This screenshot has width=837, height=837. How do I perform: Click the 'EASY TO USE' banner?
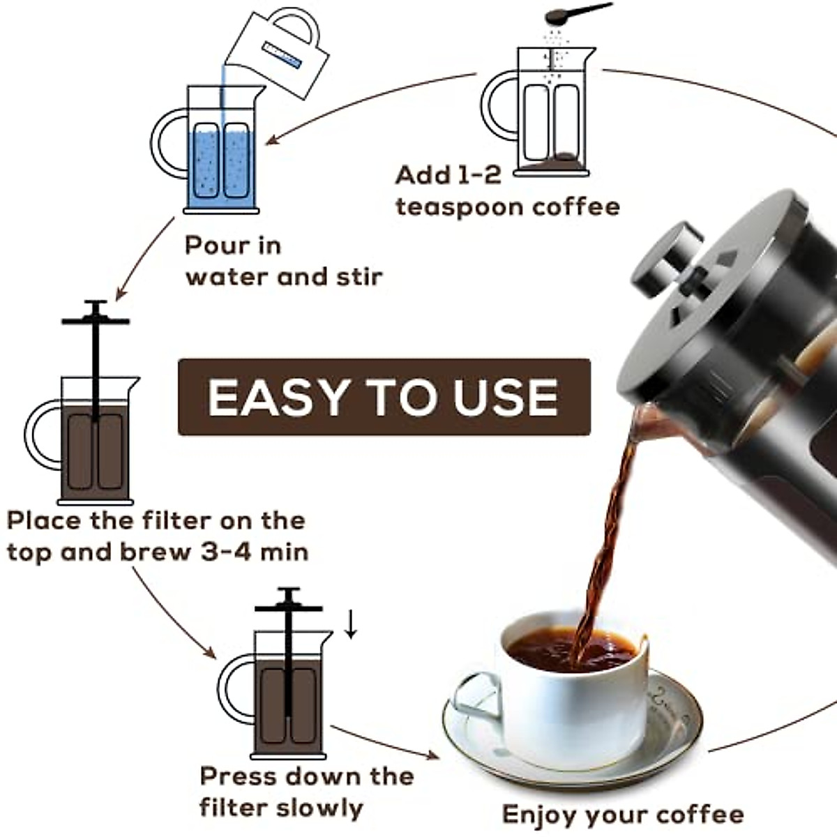coord(384,397)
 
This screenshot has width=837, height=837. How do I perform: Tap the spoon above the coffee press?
coord(578,13)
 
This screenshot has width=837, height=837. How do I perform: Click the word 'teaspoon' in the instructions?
coord(460,208)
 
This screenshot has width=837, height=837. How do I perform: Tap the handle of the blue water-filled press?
coord(167,144)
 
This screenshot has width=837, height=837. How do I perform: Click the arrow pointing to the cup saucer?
coord(384,742)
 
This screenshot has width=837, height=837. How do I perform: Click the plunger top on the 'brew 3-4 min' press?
coord(96,321)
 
